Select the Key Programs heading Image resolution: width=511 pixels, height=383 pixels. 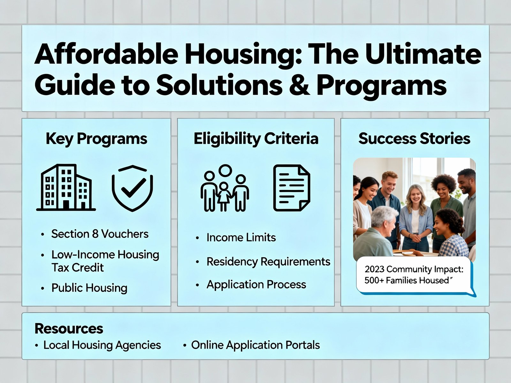96,139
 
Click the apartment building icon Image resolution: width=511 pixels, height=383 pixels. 66,187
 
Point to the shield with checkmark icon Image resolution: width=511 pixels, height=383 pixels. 132,188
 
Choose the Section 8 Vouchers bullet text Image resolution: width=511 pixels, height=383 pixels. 100,234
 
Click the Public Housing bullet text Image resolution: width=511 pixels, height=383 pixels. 89,288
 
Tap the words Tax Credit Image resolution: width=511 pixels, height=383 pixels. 78,267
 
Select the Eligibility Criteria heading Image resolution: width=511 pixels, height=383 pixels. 256,139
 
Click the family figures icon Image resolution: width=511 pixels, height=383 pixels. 225,188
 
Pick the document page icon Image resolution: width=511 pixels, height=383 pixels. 292,188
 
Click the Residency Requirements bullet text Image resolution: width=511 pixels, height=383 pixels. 268,262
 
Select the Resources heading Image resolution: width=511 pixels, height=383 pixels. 69,329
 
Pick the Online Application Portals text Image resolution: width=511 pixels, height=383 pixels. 256,345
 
